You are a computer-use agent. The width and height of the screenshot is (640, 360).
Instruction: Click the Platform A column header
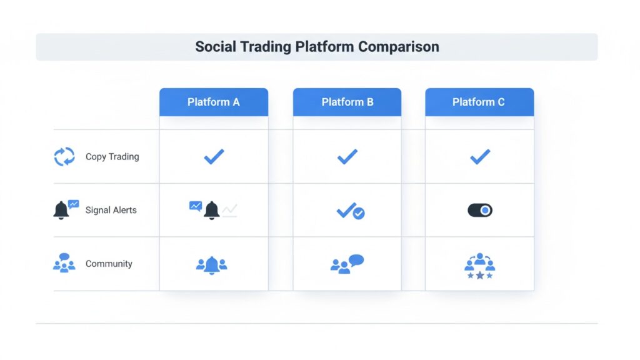pyautogui.click(x=213, y=102)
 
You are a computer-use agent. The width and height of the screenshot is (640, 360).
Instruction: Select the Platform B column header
pyautogui.click(x=347, y=102)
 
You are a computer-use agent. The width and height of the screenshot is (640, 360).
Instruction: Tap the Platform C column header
pyautogui.click(x=479, y=102)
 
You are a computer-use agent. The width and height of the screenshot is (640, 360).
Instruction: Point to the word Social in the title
pyautogui.click(x=216, y=47)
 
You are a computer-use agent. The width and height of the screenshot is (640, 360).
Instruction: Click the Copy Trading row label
pyautogui.click(x=112, y=156)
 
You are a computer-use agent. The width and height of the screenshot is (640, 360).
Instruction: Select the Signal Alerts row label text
pyautogui.click(x=111, y=210)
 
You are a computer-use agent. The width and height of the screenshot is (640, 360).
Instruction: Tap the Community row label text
pyautogui.click(x=109, y=264)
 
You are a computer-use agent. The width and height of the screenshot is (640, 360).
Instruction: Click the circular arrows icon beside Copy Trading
pyautogui.click(x=64, y=157)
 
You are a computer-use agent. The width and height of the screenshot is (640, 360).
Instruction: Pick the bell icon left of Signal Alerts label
pyautogui.click(x=61, y=211)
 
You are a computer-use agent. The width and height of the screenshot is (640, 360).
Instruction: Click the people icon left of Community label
pyautogui.click(x=64, y=264)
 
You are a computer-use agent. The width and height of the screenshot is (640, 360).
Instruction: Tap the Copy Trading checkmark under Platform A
pyautogui.click(x=214, y=157)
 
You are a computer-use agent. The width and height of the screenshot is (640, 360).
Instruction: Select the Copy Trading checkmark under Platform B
pyautogui.click(x=347, y=157)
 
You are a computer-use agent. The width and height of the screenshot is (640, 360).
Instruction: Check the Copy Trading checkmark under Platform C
pyautogui.click(x=480, y=157)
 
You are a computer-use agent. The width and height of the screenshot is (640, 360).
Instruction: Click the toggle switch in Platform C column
pyautogui.click(x=480, y=211)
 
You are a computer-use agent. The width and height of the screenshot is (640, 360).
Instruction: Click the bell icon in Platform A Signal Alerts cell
pyautogui.click(x=212, y=211)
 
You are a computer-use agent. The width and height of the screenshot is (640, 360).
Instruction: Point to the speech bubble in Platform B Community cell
pyautogui.click(x=356, y=260)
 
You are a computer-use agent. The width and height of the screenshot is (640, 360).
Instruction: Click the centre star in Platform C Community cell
pyautogui.click(x=480, y=275)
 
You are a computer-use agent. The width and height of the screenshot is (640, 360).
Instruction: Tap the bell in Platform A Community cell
pyautogui.click(x=212, y=264)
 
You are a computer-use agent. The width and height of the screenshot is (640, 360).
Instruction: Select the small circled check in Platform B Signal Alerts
pyautogui.click(x=359, y=213)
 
